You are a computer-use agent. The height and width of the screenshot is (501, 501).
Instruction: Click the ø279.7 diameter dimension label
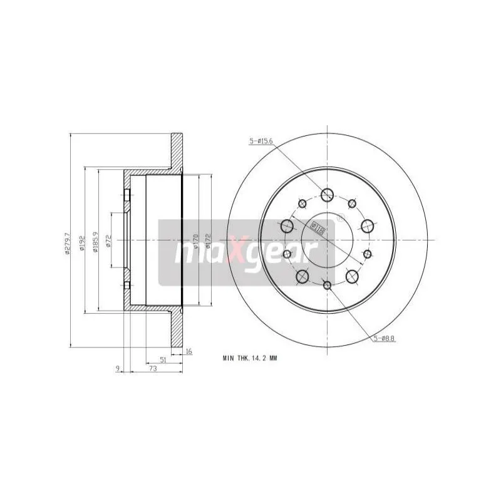tap(67, 242)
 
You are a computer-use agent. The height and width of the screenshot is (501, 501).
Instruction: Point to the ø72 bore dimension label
tap(108, 240)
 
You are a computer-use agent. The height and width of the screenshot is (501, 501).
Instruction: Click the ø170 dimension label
tap(195, 240)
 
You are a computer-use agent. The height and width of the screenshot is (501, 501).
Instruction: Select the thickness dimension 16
tap(189, 351)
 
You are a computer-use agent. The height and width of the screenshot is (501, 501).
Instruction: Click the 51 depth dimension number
tap(163, 359)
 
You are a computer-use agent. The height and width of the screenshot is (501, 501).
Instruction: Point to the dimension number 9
tap(117, 369)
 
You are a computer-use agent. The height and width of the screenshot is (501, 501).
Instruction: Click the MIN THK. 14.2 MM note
tap(249, 358)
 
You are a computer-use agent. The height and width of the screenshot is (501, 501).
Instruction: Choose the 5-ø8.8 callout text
tap(383, 339)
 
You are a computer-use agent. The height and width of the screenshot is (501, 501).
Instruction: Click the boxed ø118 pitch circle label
tap(318, 228)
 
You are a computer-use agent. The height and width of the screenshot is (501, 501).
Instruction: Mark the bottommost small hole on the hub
tap(327, 286)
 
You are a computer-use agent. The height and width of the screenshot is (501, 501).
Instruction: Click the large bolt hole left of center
tap(287, 226)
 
